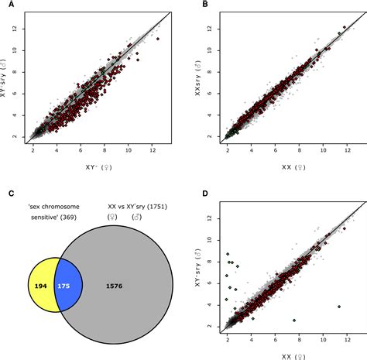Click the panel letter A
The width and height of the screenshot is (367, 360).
coord(6,6)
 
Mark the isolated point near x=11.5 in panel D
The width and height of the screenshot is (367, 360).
coord(339,307)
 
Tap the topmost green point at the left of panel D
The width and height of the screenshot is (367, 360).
coord(228,254)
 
